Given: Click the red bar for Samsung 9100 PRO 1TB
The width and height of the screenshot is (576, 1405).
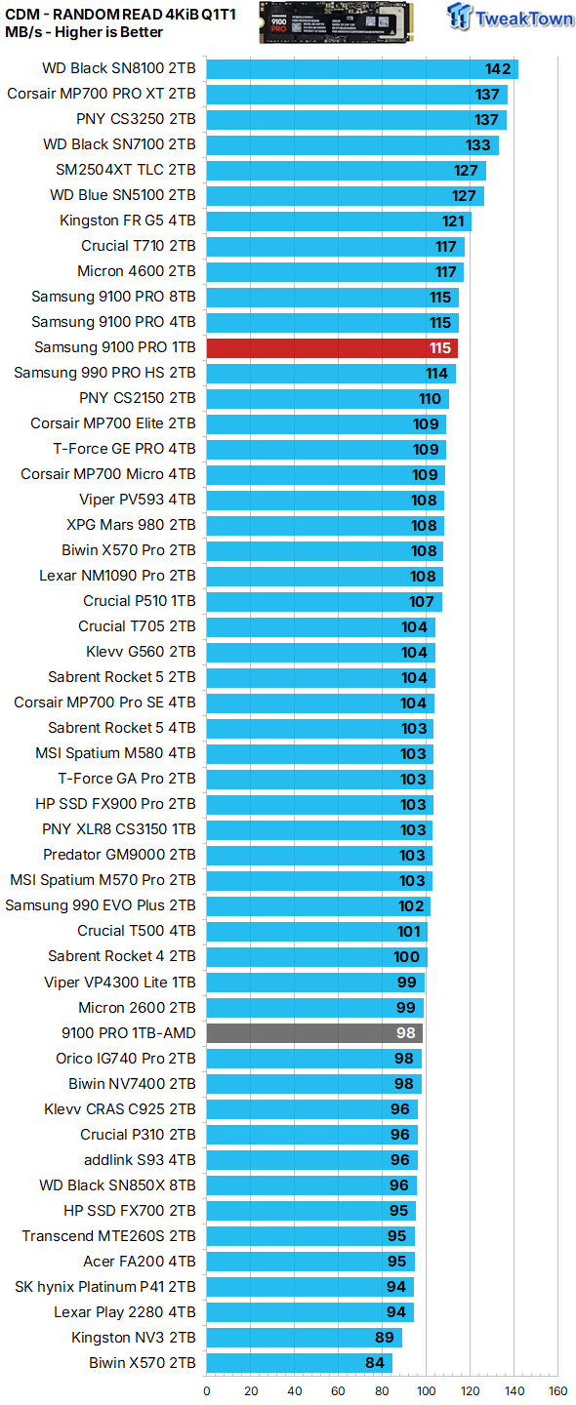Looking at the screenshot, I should coord(332,347).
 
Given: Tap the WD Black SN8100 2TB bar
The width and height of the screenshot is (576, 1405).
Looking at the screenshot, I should coord(361,68).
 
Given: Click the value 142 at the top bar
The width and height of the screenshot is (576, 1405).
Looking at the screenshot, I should coord(498,68).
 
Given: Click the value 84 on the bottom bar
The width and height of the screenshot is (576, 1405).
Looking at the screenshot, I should coord(376,1363).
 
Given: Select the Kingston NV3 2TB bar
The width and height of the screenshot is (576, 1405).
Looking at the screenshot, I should coord(304,1338).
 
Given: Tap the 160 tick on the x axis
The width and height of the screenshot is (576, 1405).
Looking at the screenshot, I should coord(557,1391).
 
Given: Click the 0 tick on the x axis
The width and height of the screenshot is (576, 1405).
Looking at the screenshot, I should coord(207,1391).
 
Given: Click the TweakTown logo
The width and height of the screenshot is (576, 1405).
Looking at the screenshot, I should coord(512,18).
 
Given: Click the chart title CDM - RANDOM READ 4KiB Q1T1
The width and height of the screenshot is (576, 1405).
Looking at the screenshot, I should coord(120,13).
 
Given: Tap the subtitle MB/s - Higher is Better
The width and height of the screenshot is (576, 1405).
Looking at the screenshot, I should coord(84,32).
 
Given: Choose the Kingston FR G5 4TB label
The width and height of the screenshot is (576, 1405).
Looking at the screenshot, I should coord(127,221).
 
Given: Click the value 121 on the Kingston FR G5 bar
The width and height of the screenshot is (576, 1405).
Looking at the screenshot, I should coord(453,221).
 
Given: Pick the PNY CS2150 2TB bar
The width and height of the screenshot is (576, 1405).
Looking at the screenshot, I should coord(327,398).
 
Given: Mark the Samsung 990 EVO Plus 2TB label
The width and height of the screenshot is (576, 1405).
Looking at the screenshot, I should coord(101,905).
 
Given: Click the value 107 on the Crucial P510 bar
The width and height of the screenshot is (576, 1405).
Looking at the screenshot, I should coord(422,601).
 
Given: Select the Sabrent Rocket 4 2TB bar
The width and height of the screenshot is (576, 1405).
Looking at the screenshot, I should coord(316,956).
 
